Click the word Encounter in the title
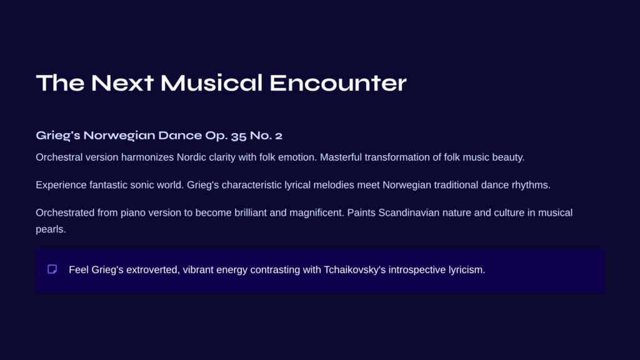coord(338,83)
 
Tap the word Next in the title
coord(122,83)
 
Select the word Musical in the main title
coord(211,83)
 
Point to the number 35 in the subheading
coord(238,136)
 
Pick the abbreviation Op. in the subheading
coord(216,136)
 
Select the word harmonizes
coord(147,157)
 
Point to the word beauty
coord(508,157)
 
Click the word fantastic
coord(109,185)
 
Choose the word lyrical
coord(297,185)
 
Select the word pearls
coord(51,229)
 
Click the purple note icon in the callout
coord(52,269)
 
